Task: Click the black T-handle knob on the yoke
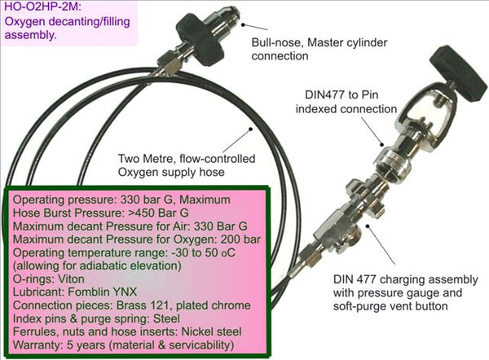pyautogui.click(x=458, y=73)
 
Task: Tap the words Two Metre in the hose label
pyautogui.click(x=146, y=159)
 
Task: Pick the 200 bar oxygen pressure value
pyautogui.click(x=240, y=239)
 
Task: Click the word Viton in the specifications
pyautogui.click(x=71, y=279)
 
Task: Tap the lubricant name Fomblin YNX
pyautogui.click(x=103, y=292)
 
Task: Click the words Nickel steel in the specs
pyautogui.click(x=211, y=331)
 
